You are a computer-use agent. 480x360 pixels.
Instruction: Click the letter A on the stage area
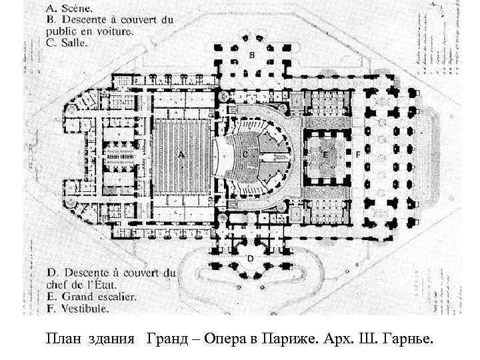tap(180, 154)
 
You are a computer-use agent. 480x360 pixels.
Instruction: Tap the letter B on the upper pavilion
tap(251, 54)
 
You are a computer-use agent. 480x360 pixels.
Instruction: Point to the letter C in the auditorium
tap(245, 154)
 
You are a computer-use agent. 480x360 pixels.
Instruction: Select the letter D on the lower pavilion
tap(250, 257)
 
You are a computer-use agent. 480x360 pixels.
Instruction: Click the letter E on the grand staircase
tap(325, 154)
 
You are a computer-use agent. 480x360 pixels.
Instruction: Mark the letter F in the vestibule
tap(358, 154)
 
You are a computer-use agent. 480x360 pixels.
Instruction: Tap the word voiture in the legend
tap(116, 31)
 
